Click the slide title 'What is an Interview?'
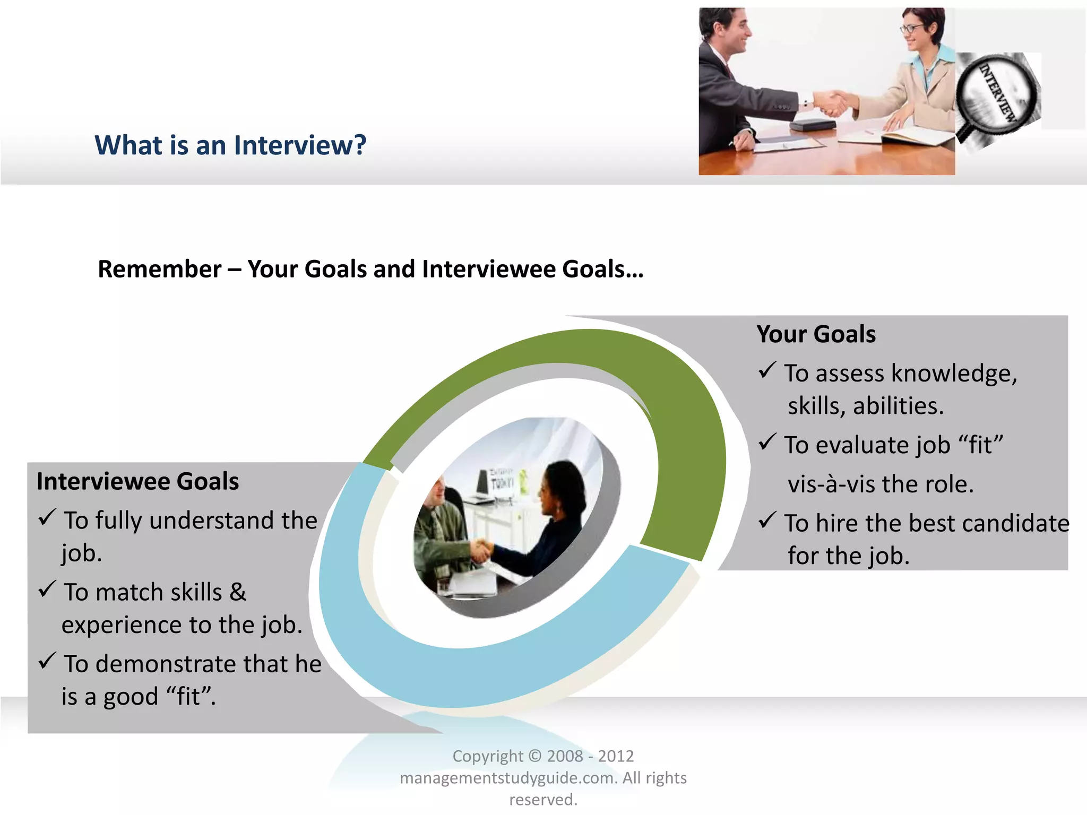point(230,145)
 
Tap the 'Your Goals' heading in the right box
point(816,334)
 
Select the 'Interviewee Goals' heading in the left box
point(137,481)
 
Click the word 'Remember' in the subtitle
point(159,269)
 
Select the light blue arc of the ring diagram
point(425,663)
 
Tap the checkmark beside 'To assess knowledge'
point(767,370)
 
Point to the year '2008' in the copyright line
point(565,756)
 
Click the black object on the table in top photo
point(812,125)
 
